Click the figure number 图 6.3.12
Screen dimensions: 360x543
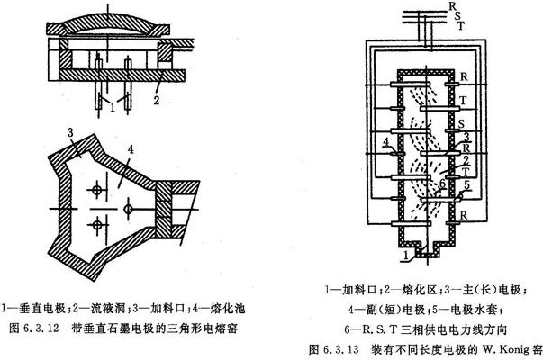point(34,329)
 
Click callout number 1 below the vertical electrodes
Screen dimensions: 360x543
point(112,109)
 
